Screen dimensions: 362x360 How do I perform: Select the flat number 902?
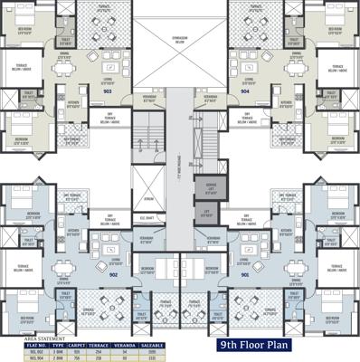pyautogui.click(x=114, y=274)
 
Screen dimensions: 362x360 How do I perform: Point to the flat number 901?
pyautogui.click(x=242, y=274)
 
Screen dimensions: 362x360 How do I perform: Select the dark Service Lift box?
pyautogui.click(x=212, y=188)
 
